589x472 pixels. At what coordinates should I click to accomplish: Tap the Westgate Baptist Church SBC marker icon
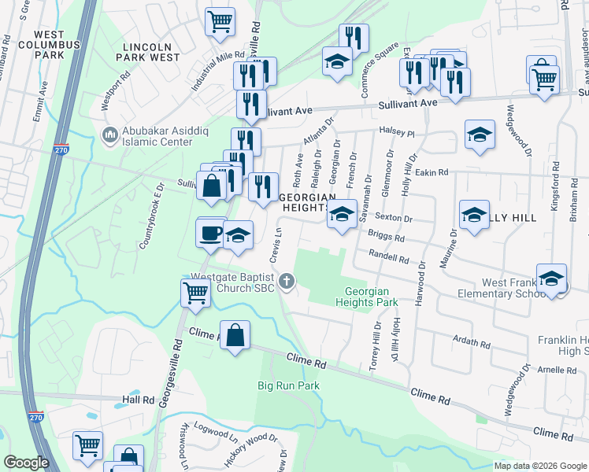[x=287, y=280]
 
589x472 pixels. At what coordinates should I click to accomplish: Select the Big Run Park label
[x=289, y=385]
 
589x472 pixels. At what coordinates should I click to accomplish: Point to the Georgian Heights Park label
[x=366, y=296]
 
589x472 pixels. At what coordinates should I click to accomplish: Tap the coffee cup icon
[x=211, y=233]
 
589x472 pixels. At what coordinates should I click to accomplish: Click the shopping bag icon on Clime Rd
[x=235, y=335]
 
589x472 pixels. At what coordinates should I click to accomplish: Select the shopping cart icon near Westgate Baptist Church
[x=195, y=293]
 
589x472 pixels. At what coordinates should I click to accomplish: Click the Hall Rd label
[x=138, y=400]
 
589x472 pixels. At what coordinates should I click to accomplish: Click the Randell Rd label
[x=387, y=256]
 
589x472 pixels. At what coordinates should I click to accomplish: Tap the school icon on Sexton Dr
[x=341, y=215]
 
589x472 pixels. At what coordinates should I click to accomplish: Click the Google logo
[x=26, y=463]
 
